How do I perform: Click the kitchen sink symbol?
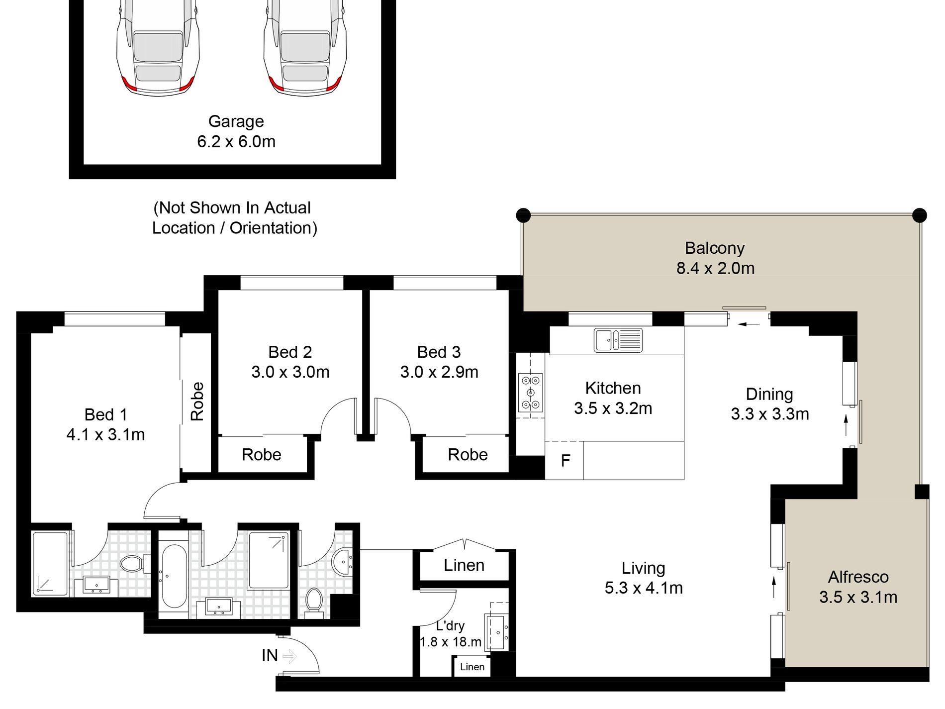(618, 340)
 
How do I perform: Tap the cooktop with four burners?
(530, 393)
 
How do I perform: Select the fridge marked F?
(565, 461)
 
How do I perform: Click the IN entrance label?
(270, 655)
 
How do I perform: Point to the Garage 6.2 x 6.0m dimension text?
(236, 141)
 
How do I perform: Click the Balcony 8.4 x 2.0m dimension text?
(715, 268)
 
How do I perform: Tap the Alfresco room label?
(858, 577)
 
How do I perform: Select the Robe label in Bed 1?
(197, 402)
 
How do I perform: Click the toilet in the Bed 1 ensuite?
(133, 564)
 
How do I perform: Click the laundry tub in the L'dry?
(496, 632)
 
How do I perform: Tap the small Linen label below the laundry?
(472, 667)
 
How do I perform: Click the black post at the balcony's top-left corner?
(523, 215)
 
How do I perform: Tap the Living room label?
(643, 568)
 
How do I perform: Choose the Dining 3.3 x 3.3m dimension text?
(770, 414)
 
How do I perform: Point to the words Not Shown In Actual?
(232, 208)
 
